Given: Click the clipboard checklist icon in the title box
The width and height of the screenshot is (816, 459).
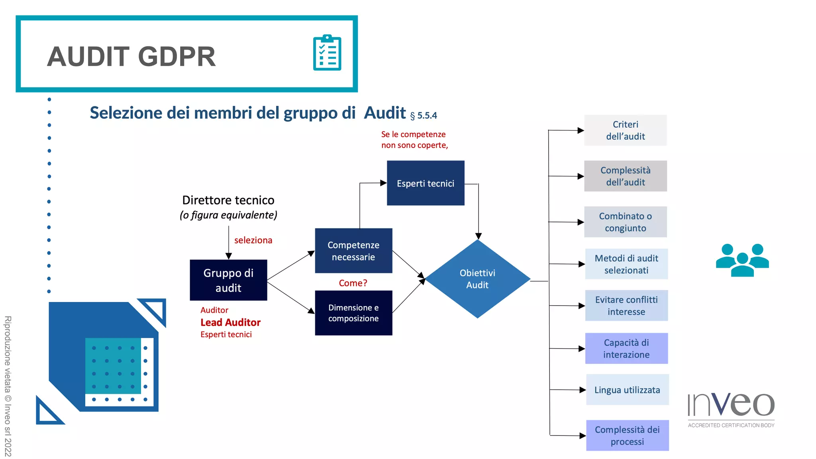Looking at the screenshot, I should [327, 53].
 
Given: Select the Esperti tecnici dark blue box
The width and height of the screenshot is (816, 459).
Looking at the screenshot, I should [426, 183].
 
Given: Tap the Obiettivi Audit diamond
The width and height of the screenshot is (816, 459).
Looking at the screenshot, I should [477, 279].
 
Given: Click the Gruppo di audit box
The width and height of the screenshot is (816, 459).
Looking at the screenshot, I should [228, 280].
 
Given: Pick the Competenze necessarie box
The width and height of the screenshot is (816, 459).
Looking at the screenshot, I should [353, 251].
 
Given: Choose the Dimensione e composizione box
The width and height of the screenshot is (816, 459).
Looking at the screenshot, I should [353, 313].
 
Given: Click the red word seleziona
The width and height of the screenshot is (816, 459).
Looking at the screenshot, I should [253, 240].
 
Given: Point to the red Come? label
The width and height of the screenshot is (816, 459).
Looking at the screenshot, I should [353, 283].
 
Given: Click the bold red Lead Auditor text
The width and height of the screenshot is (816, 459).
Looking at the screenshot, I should [230, 322].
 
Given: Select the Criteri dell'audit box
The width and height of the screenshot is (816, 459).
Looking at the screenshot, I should [625, 130].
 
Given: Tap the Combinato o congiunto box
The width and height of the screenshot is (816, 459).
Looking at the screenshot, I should [625, 222].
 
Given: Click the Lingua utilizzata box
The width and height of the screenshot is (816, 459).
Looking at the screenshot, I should [627, 390].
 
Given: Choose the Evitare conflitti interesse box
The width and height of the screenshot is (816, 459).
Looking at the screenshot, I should [626, 306].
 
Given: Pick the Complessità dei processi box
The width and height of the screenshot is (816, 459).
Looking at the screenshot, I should [627, 435].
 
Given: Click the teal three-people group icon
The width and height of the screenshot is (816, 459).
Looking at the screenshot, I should [742, 260].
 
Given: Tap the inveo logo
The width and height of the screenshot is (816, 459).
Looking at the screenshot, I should [731, 408].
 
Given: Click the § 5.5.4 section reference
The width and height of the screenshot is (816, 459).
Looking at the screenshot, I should [424, 116].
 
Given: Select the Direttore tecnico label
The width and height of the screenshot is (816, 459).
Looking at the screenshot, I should [228, 200].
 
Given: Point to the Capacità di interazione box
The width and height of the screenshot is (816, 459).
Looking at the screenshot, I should [626, 348].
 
